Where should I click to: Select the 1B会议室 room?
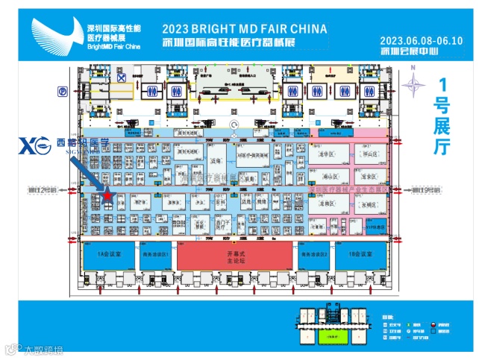tap(362, 255)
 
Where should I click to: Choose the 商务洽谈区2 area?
tap(315, 255)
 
